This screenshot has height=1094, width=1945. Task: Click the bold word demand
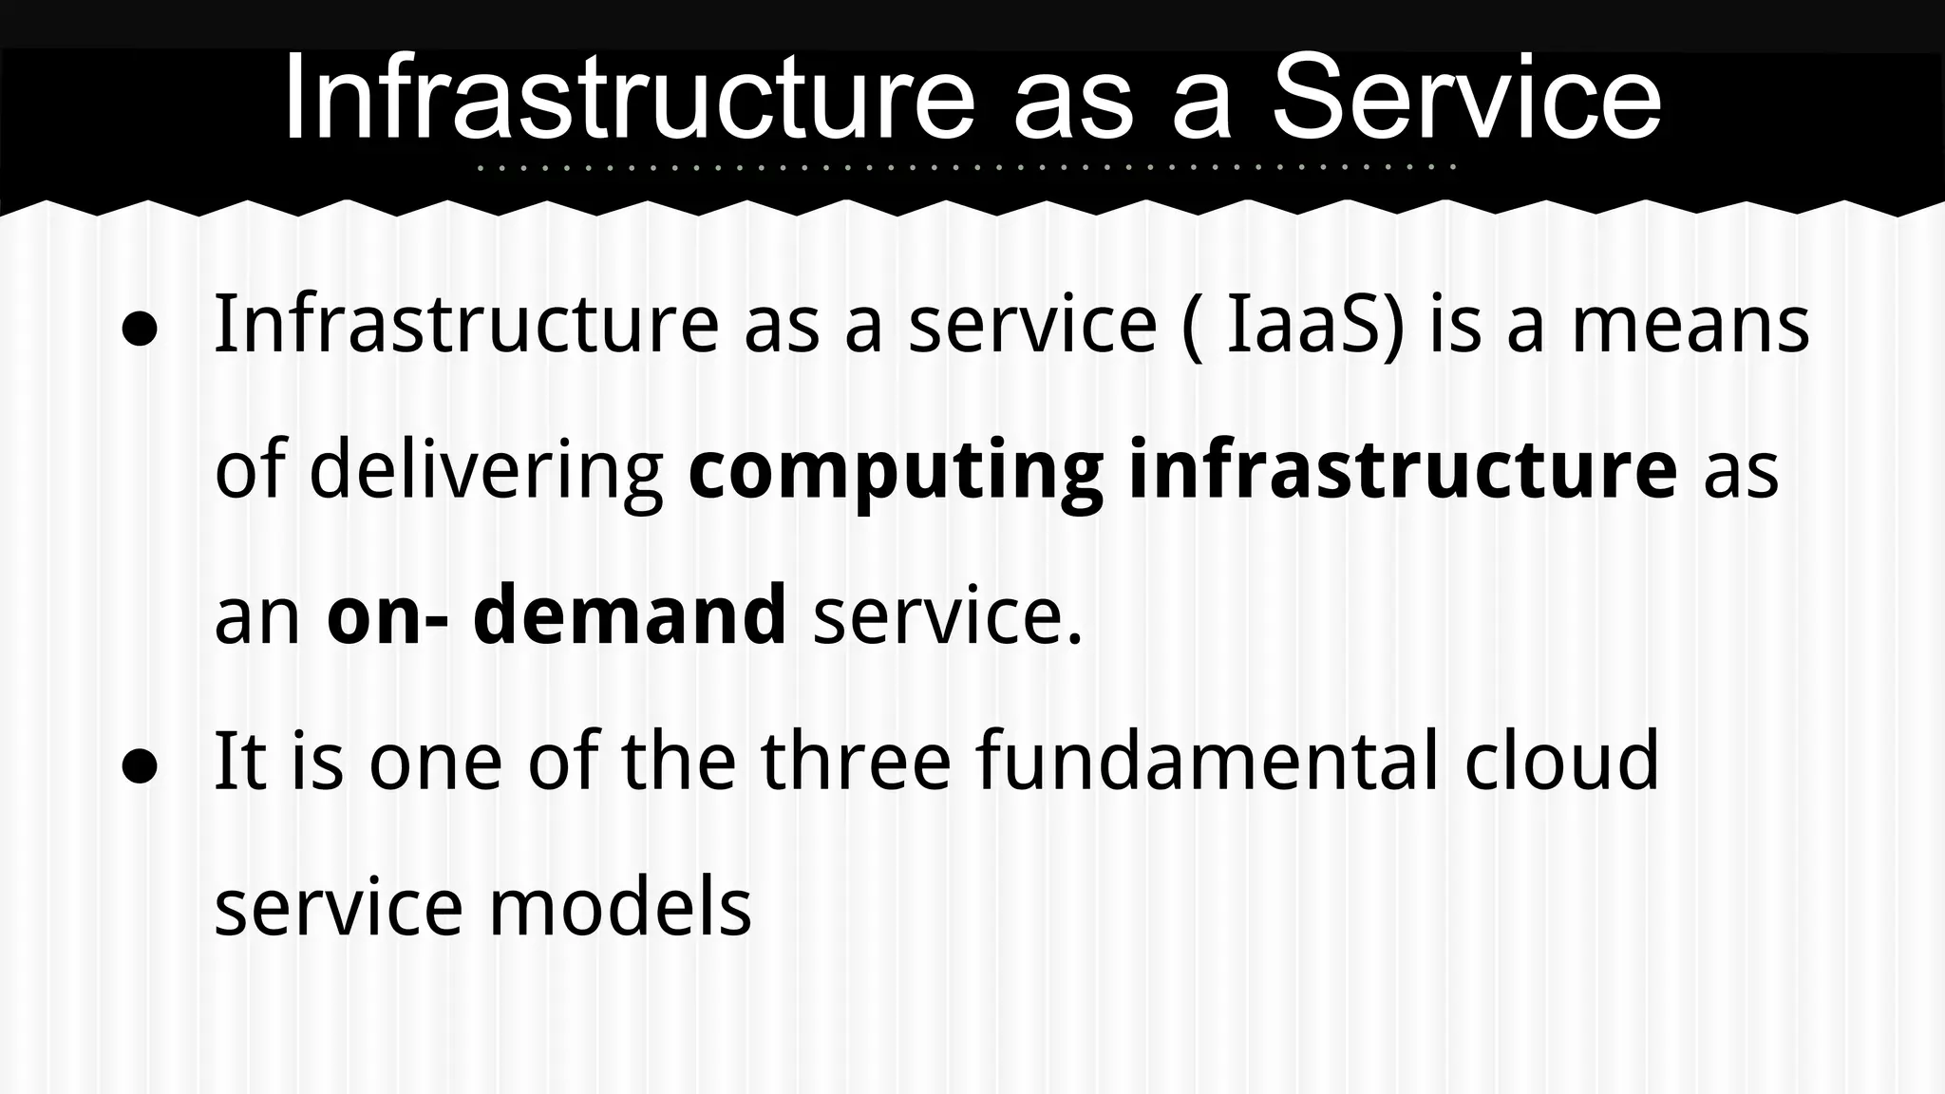click(x=630, y=614)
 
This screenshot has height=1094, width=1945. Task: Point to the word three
click(x=856, y=761)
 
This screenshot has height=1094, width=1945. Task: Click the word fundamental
click(x=1206, y=761)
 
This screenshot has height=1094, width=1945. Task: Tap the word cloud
click(x=1561, y=761)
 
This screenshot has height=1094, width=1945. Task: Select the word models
click(x=619, y=907)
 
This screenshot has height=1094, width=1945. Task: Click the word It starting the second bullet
click(x=239, y=761)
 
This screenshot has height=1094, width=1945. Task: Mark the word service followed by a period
click(x=946, y=616)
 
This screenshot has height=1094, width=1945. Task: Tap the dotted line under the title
click(x=967, y=168)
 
